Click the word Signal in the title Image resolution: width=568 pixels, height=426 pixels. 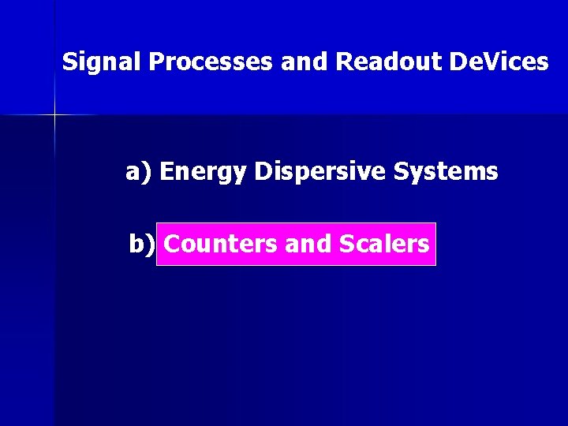(101, 62)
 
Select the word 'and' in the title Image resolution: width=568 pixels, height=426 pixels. (307, 62)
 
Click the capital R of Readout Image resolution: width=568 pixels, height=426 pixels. (344, 62)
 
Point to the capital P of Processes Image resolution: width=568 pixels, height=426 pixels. (155, 62)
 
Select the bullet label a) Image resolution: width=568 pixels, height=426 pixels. (140, 171)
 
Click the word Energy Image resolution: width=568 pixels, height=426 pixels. (204, 172)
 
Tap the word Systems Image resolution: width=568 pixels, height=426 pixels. (446, 171)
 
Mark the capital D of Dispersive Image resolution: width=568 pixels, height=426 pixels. (263, 171)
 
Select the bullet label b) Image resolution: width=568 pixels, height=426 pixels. (142, 244)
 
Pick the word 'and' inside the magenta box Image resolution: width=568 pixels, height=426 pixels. (308, 244)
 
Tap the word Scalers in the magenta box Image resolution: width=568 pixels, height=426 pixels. (383, 244)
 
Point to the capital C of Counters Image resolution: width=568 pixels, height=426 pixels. (172, 244)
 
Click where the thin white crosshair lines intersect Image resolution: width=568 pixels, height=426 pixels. (55, 115)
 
